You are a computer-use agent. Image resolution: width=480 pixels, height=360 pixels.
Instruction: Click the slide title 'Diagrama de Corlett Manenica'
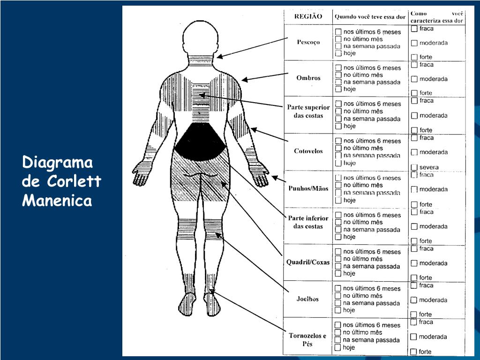coord(61,182)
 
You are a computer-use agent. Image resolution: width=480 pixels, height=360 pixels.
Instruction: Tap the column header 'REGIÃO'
coord(308,16)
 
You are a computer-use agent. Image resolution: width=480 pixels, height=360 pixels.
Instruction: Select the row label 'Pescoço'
coord(308,42)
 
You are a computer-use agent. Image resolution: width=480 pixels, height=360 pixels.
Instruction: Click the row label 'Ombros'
coord(308,78)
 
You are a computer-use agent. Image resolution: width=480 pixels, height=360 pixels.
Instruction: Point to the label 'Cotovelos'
coord(308,151)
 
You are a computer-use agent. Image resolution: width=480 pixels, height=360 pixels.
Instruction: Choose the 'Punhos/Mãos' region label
coord(308,188)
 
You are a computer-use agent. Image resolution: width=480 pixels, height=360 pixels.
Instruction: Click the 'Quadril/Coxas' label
coord(308,262)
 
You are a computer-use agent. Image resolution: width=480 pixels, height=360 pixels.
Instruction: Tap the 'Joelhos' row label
coord(308,299)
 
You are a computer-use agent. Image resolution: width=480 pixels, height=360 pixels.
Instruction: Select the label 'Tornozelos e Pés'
coord(307,340)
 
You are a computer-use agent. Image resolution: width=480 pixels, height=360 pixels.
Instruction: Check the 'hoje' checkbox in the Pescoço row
coord(338,53)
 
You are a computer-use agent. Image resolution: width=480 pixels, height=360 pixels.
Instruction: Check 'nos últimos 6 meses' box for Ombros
coord(338,68)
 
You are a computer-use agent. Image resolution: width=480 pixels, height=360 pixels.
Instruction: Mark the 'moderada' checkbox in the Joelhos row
coord(414,300)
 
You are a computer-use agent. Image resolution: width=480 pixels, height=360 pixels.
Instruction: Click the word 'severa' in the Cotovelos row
coord(429,167)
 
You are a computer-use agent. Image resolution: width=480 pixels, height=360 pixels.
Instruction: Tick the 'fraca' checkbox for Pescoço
coord(414,29)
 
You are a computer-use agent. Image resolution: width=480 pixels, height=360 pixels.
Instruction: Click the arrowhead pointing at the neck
coord(219,57)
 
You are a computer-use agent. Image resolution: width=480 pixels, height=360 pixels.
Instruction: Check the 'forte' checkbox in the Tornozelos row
coord(413,352)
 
